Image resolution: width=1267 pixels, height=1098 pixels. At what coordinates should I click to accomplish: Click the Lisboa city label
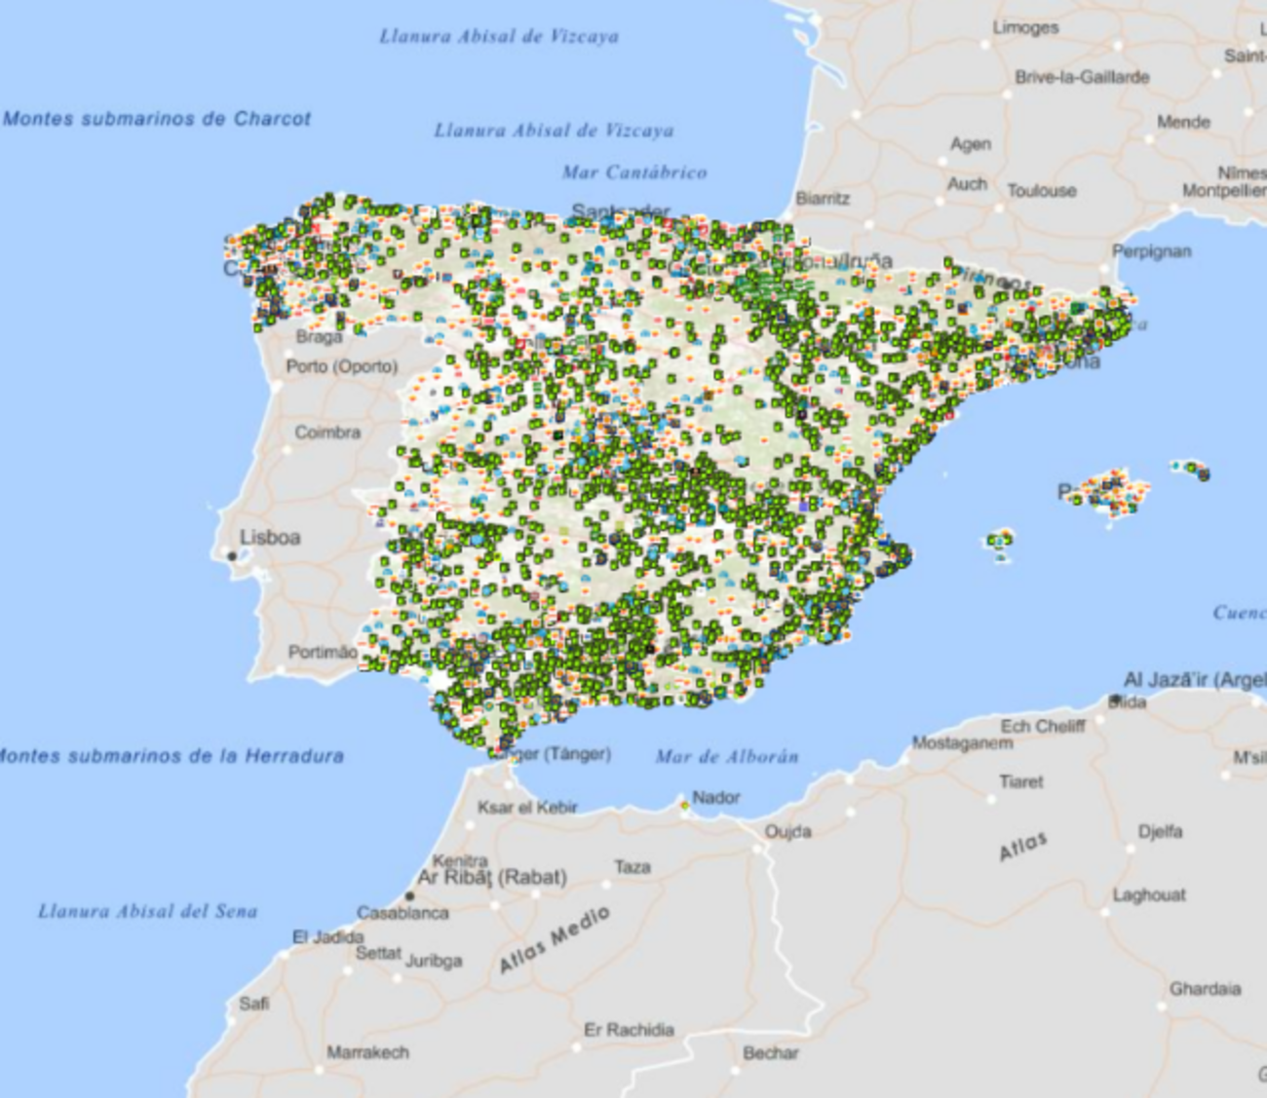click(x=270, y=537)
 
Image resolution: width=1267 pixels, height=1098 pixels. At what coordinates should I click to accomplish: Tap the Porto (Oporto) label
click(x=341, y=366)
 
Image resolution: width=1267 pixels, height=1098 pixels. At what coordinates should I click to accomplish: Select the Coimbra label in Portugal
click(x=327, y=432)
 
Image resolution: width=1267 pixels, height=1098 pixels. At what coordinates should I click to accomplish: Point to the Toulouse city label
click(x=1042, y=191)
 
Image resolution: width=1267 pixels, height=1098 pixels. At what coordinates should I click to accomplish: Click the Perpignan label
click(x=1152, y=251)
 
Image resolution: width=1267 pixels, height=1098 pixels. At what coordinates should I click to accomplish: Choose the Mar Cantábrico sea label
click(x=634, y=172)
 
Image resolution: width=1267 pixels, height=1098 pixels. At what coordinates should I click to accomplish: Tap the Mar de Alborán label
click(x=727, y=756)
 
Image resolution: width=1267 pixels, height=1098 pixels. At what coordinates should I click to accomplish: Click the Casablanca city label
click(x=403, y=913)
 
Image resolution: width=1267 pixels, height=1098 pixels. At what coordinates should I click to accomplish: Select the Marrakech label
click(x=367, y=1052)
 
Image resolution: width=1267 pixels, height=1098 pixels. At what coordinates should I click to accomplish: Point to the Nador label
click(x=716, y=797)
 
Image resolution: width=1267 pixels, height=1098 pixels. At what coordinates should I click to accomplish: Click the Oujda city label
click(x=787, y=831)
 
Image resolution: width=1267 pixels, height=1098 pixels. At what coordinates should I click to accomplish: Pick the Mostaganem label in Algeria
click(x=962, y=743)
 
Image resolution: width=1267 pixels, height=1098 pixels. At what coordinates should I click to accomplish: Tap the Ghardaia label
click(x=1205, y=989)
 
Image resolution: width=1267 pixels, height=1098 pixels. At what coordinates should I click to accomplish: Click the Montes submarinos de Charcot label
click(x=157, y=119)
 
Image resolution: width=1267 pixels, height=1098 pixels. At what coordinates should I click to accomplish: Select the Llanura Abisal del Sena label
click(x=148, y=911)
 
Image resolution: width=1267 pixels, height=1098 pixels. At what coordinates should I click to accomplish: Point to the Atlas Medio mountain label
click(x=555, y=939)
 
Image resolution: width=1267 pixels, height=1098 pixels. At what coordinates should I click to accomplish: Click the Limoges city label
click(x=1025, y=27)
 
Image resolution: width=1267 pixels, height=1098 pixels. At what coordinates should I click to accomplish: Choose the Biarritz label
click(x=823, y=198)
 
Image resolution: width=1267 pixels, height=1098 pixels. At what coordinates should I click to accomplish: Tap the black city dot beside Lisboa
click(x=232, y=555)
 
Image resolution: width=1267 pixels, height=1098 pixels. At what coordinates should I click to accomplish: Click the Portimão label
click(x=322, y=652)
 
